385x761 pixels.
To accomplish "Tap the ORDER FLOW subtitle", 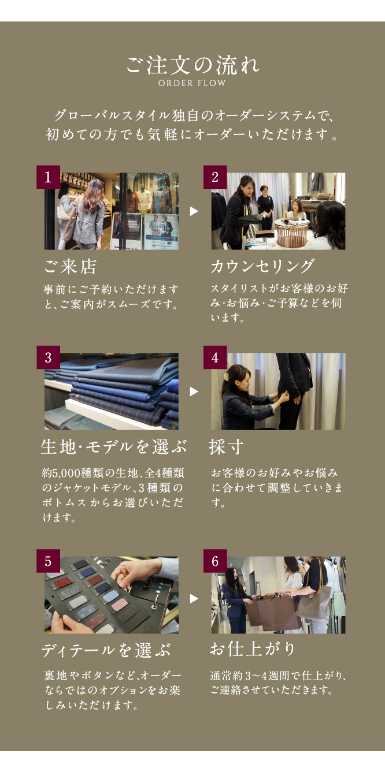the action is (x=192, y=83).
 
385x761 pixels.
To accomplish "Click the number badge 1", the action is (x=49, y=177).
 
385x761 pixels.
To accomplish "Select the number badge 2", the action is (x=215, y=177).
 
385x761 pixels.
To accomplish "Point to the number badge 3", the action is (x=49, y=357).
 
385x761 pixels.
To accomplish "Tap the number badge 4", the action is (x=215, y=357).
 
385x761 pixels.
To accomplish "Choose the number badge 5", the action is (x=49, y=561).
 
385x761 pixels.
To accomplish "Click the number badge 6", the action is (x=215, y=561).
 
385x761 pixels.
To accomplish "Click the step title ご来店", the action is (x=71, y=267).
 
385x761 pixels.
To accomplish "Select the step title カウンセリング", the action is (x=262, y=266).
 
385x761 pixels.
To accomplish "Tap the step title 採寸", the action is (x=226, y=447).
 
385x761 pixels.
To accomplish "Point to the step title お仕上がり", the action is (x=253, y=649).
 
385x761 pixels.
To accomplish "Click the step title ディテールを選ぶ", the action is (x=106, y=651).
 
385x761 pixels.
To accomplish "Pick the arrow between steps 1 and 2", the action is (x=194, y=211).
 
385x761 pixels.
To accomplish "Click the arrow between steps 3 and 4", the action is (x=194, y=391).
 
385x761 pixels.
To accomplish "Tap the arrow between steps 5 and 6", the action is (x=194, y=599).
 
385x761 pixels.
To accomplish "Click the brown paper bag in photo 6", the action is (x=277, y=613).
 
